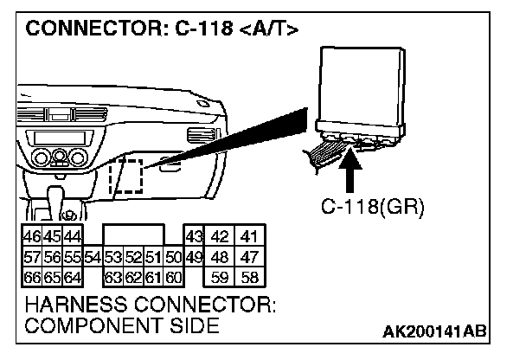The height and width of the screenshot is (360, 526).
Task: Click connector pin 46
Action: (29, 236)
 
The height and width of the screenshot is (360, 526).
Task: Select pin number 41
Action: (249, 236)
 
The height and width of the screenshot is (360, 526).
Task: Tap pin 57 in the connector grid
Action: (29, 257)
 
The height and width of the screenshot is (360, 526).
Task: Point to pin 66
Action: (29, 278)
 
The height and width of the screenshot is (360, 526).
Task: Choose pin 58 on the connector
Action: (249, 278)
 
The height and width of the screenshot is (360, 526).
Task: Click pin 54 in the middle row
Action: (93, 257)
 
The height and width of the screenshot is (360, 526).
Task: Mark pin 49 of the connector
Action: (194, 257)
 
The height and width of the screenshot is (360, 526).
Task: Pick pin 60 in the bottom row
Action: (173, 278)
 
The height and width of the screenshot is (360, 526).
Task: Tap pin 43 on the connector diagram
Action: (194, 236)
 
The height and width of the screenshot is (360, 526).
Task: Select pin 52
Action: (133, 257)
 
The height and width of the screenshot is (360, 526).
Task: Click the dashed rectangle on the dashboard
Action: (125, 175)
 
